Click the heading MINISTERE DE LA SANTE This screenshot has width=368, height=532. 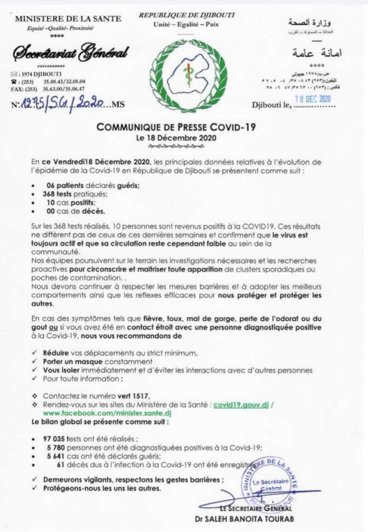[68, 19]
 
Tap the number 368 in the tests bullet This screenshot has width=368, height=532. [54, 194]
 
